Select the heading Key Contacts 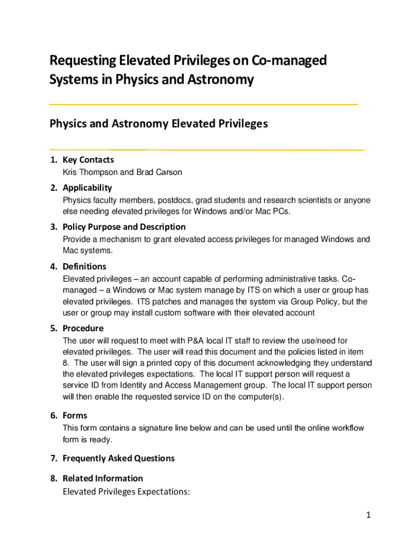pos(88,160)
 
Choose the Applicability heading pos(87,188)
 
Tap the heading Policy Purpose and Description pos(124,227)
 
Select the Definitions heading pos(85,266)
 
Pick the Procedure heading pos(83,329)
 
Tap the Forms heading pos(75,416)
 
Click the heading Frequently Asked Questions pos(118,458)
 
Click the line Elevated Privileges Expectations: pos(126,492)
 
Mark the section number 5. pos(53,329)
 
